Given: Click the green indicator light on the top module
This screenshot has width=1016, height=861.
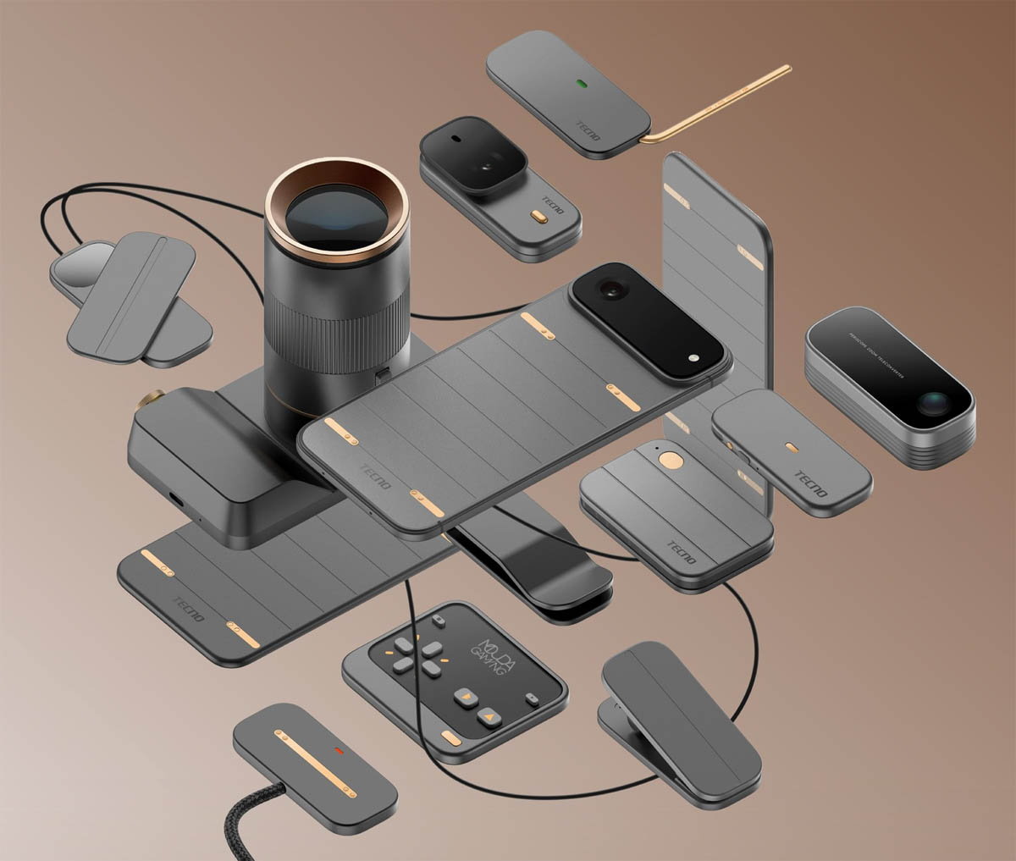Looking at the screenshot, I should pos(581,85).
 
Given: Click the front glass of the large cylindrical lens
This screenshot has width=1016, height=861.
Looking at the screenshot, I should pos(336,215).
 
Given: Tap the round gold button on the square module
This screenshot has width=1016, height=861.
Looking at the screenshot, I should pos(672,461).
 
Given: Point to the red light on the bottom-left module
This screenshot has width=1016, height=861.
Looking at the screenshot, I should pos(340,751).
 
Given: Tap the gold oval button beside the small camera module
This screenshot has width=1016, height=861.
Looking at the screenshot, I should pos(537,217).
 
